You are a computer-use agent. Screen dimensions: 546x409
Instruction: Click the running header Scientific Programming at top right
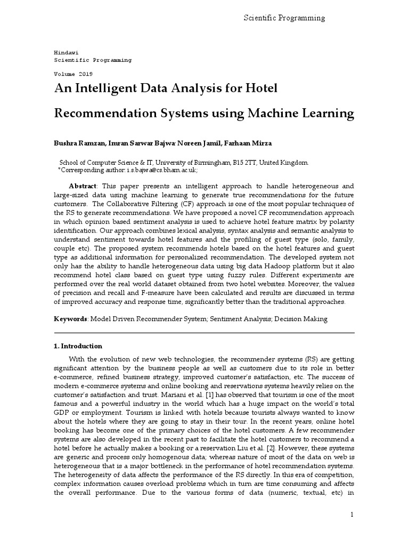pos(284,18)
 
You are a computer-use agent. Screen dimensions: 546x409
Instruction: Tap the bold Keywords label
pos(70,319)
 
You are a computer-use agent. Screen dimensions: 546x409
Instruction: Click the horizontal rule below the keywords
pos(204,333)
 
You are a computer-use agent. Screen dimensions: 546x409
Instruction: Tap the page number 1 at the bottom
pos(352,514)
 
